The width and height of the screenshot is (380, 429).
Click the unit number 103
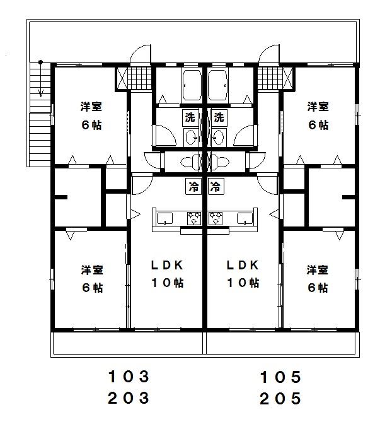tap(129, 377)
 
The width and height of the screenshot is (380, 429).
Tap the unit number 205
tap(280, 398)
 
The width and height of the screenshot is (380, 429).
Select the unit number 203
tap(129, 398)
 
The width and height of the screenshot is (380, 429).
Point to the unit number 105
tap(280, 377)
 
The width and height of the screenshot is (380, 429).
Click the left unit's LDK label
tap(167, 265)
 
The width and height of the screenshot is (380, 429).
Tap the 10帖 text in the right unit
tap(243, 283)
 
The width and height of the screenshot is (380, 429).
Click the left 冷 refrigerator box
tap(193, 187)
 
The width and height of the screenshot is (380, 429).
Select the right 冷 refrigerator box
tap(216, 187)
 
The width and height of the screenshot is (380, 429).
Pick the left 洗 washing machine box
tap(190, 117)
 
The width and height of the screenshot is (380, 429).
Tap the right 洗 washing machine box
tap(219, 117)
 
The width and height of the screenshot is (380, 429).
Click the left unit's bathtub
tap(192, 85)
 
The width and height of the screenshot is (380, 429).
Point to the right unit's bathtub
tap(217, 85)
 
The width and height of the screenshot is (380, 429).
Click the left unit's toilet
tap(191, 162)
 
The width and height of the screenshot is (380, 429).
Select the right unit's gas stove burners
tap(216, 218)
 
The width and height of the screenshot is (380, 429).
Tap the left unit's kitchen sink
tap(165, 219)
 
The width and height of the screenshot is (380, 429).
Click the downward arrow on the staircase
tap(41, 80)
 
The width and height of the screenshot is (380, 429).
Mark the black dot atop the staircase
tap(40, 62)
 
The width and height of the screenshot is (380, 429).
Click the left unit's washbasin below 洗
tap(191, 136)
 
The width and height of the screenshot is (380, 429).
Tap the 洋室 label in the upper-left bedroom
tap(91, 107)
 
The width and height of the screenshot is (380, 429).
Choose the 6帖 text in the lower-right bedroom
tap(318, 288)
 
